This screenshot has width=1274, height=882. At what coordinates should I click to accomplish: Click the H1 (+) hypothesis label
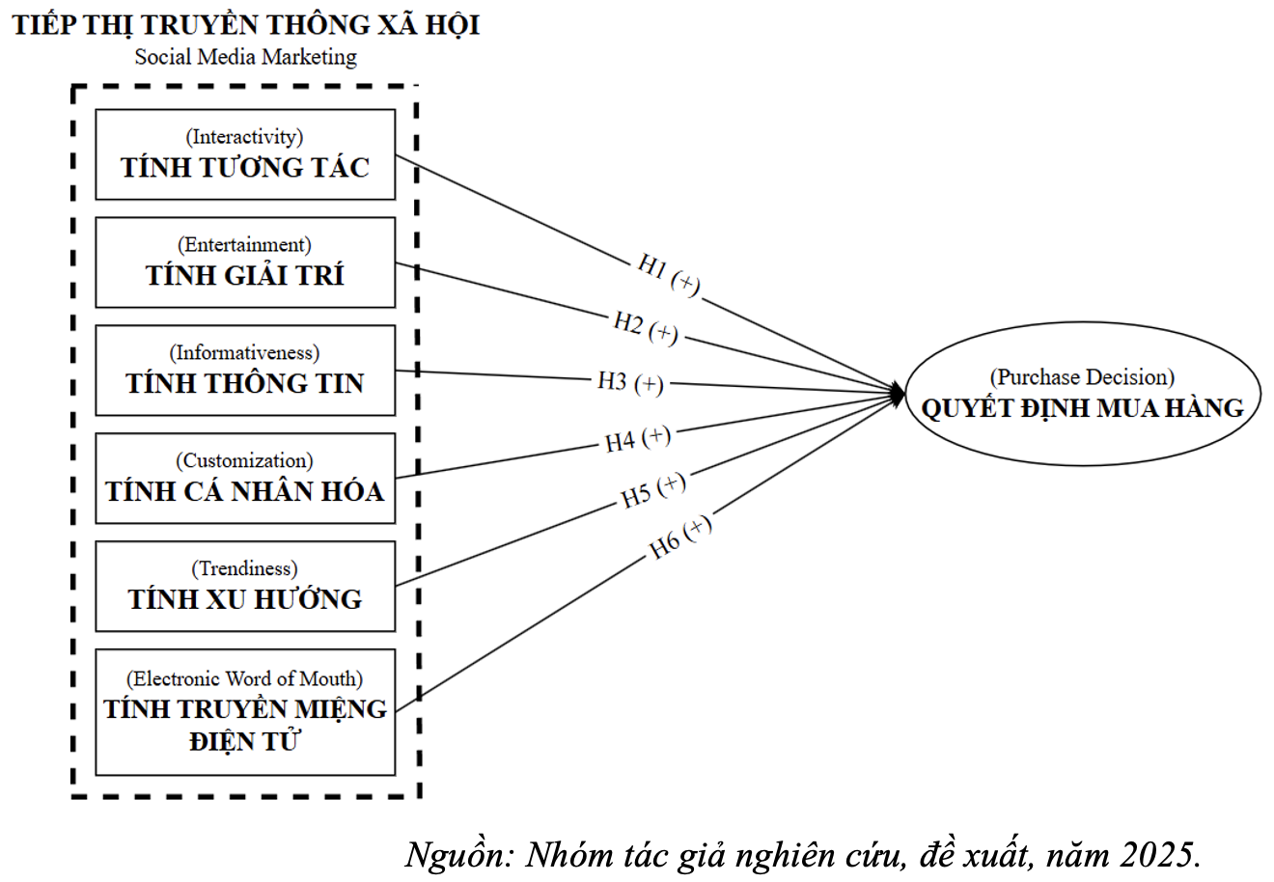click(x=669, y=275)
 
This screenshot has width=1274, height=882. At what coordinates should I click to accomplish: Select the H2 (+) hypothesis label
click(x=646, y=328)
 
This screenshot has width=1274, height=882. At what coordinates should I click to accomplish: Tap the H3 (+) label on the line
click(x=630, y=382)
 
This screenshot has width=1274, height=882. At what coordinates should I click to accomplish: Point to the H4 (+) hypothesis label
click(x=638, y=439)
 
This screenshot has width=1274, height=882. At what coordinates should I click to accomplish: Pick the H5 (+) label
click(x=652, y=490)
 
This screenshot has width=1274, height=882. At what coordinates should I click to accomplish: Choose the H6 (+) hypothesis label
click(x=680, y=537)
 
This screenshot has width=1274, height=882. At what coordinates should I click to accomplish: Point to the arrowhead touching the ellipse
click(x=899, y=394)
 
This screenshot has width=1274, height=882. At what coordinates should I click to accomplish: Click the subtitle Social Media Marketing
click(x=246, y=57)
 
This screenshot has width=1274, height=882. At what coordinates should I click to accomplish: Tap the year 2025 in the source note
click(x=1160, y=855)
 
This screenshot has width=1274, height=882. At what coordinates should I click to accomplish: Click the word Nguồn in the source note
click(x=459, y=855)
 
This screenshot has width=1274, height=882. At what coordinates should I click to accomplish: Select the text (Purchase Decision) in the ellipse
click(x=1082, y=377)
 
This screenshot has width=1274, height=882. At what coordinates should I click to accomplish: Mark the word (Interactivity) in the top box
click(x=244, y=136)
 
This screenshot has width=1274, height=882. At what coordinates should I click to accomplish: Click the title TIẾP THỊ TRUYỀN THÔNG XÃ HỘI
click(x=246, y=25)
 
